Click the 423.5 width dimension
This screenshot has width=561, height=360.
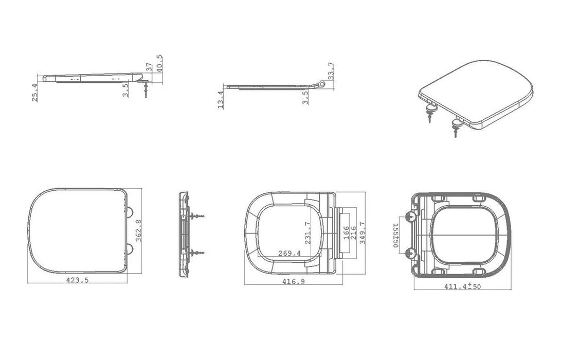(77, 280)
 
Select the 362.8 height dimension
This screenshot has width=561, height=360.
(139, 231)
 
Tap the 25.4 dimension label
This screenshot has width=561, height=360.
(34, 93)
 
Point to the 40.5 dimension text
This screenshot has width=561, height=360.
(159, 64)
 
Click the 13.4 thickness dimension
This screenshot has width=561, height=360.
(221, 100)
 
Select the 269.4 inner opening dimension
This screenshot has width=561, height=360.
(289, 254)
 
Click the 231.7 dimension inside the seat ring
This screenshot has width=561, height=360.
(307, 233)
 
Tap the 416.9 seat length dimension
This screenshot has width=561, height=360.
(294, 282)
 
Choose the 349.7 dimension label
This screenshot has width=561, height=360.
(362, 233)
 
